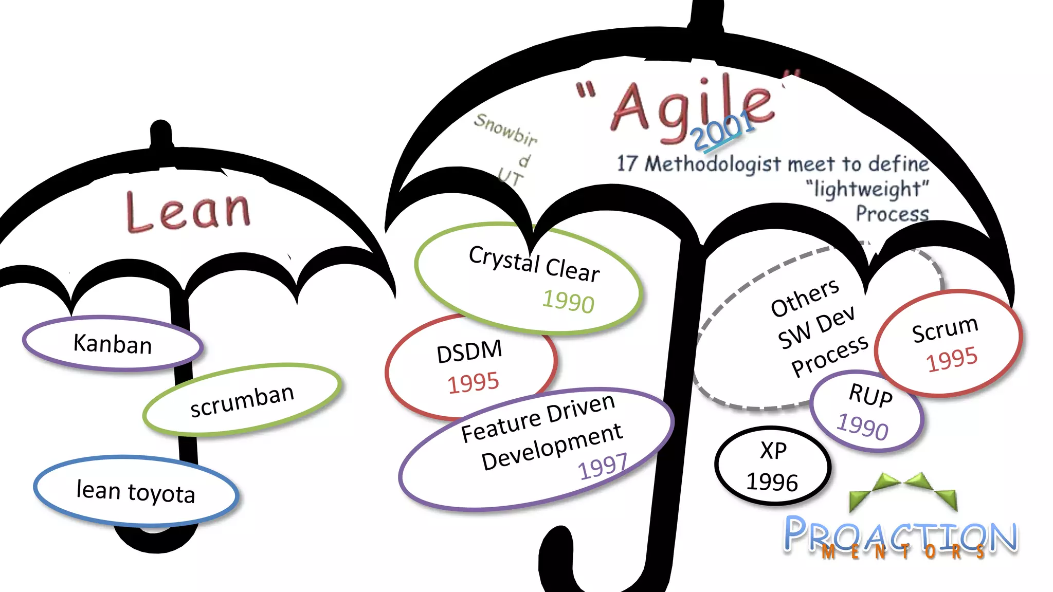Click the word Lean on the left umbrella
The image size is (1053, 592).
click(188, 211)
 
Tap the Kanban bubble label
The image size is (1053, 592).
click(113, 344)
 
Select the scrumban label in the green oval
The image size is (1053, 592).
click(242, 401)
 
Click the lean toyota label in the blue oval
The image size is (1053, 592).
click(136, 491)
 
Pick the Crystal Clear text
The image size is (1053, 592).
click(534, 264)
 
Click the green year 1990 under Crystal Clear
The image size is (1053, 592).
click(568, 301)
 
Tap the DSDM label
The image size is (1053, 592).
click(469, 352)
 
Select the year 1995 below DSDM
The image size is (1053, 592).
click(473, 383)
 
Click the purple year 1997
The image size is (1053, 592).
click(603, 467)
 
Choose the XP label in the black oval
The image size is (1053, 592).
click(773, 451)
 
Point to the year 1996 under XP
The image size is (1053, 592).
click(772, 482)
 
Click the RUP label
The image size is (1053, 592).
click(870, 395)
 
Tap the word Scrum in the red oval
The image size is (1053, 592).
click(945, 329)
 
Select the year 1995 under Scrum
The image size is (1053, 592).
click(952, 359)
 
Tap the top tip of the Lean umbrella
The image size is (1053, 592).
click(161, 127)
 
